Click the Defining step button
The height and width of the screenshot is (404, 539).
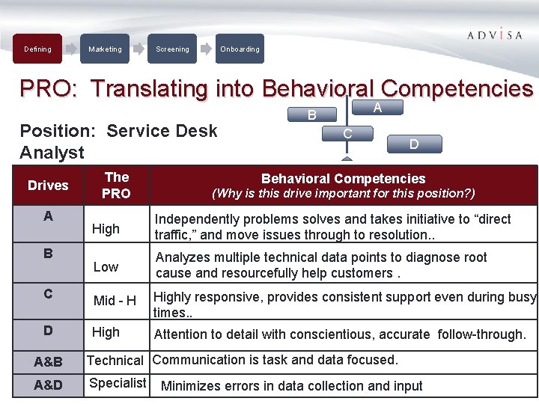(37, 49)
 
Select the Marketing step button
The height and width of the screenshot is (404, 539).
(105, 49)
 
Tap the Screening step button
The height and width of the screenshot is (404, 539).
(172, 49)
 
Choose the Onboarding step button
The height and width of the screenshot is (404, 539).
(240, 49)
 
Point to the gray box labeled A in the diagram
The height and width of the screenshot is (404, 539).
(377, 108)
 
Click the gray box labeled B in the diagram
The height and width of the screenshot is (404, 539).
(312, 115)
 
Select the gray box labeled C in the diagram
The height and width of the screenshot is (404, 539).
(347, 134)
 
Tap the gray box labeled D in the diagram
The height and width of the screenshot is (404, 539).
(414, 144)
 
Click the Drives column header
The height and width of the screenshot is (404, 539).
(48, 186)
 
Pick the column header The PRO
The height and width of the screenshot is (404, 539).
(117, 186)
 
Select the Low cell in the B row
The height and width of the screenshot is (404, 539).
(106, 267)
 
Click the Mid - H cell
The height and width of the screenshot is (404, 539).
(115, 301)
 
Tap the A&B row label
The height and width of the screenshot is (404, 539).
(48, 362)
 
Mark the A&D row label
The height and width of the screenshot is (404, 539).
(48, 385)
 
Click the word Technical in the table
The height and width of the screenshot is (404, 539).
(115, 361)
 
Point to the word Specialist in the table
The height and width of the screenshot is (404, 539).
(118, 383)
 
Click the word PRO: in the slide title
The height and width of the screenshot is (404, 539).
(51, 89)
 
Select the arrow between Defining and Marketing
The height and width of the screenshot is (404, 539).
(71, 49)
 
